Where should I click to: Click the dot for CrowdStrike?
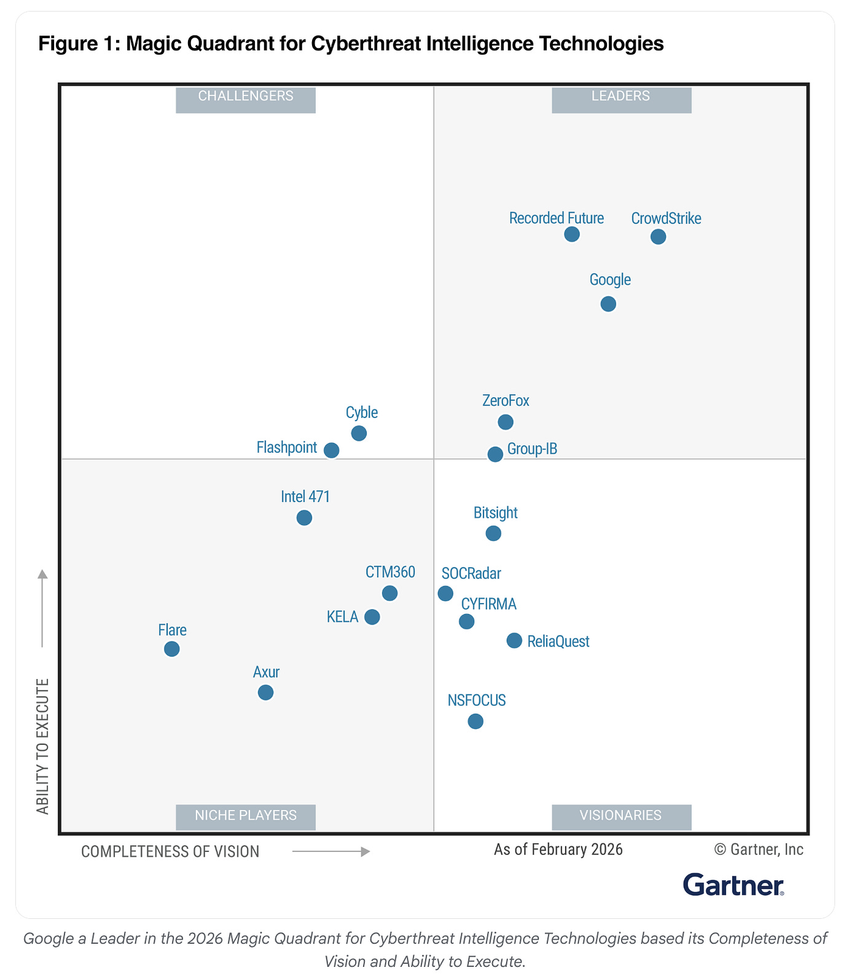pyautogui.click(x=658, y=237)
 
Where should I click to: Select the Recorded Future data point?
pyautogui.click(x=572, y=234)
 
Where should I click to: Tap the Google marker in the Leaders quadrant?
pyautogui.click(x=608, y=304)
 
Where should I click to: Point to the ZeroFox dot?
pyautogui.click(x=506, y=422)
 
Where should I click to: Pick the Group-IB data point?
pyautogui.click(x=495, y=454)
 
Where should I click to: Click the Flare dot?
pyautogui.click(x=172, y=649)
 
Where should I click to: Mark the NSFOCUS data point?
pyautogui.click(x=475, y=721)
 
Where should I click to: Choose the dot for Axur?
pyautogui.click(x=265, y=693)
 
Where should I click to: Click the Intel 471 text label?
pyautogui.click(x=305, y=497)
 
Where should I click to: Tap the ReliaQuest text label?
pyautogui.click(x=558, y=642)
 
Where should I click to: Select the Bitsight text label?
pyautogui.click(x=496, y=513)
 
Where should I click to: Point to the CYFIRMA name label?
pyautogui.click(x=489, y=604)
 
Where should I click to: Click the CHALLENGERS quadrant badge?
pyautogui.click(x=246, y=100)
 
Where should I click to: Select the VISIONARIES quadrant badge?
pyautogui.click(x=622, y=817)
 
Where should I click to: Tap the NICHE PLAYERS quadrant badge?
pyautogui.click(x=246, y=817)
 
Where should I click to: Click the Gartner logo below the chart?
pyautogui.click(x=733, y=885)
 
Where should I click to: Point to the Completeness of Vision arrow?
pyautogui.click(x=331, y=852)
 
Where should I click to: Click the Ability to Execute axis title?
pyautogui.click(x=42, y=747)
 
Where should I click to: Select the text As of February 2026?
pyautogui.click(x=558, y=849)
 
